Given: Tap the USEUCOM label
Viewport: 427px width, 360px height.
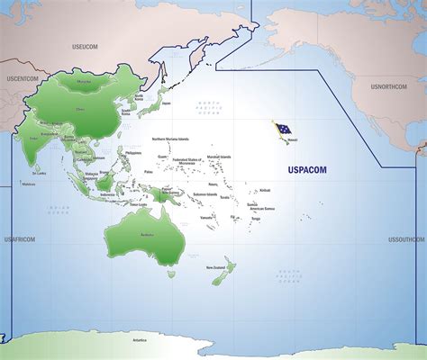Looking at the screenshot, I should [x=86, y=44].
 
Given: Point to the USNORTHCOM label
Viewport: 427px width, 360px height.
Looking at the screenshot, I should [x=390, y=86].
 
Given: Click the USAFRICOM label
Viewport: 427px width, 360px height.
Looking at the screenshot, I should [x=19, y=239].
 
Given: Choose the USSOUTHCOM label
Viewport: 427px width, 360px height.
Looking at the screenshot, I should [x=406, y=239].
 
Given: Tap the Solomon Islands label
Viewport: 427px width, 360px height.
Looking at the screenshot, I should [x=204, y=194].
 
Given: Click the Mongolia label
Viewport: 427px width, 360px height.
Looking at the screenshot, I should [x=85, y=81].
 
